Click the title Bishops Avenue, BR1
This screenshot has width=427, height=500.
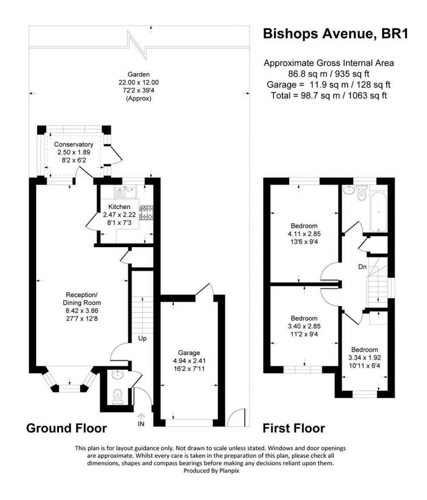pos(335,34)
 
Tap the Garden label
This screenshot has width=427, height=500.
pos(139,74)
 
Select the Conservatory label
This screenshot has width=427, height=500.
pos(74,144)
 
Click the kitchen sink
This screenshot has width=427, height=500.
pos(125,190)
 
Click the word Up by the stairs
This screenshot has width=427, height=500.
pos(142,338)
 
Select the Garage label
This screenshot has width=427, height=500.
pos(189,352)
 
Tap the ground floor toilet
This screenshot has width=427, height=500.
pos(117,396)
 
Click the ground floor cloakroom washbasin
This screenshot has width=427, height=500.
pos(116,375)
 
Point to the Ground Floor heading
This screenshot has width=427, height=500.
pos(67,428)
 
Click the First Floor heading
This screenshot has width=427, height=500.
pos(294,428)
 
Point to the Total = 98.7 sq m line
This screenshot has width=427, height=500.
pos(329,95)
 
